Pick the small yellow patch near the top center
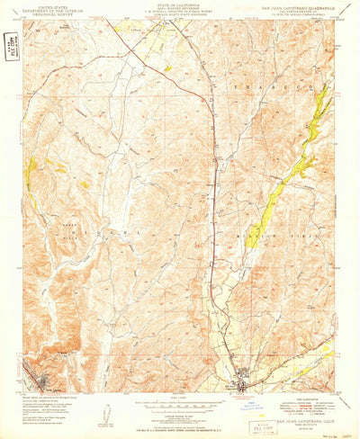[x=166, y=67]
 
